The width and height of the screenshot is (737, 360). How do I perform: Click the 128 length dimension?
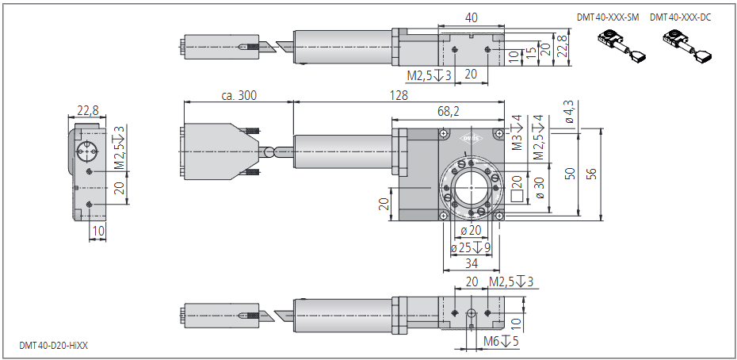click(399, 95)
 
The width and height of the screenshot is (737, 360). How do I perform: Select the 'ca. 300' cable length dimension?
click(239, 95)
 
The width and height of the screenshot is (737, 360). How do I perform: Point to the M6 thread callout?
click(501, 342)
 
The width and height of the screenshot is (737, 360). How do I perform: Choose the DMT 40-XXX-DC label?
click(680, 17)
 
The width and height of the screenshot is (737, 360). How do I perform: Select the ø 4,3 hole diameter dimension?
click(567, 114)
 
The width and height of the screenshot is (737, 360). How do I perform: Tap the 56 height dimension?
click(590, 174)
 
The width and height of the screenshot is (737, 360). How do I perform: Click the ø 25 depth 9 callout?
click(471, 247)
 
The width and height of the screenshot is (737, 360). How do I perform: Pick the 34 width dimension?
click(471, 263)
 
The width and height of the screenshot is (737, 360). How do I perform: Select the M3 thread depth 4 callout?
click(517, 133)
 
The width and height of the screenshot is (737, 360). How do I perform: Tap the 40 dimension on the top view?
click(472, 17)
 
